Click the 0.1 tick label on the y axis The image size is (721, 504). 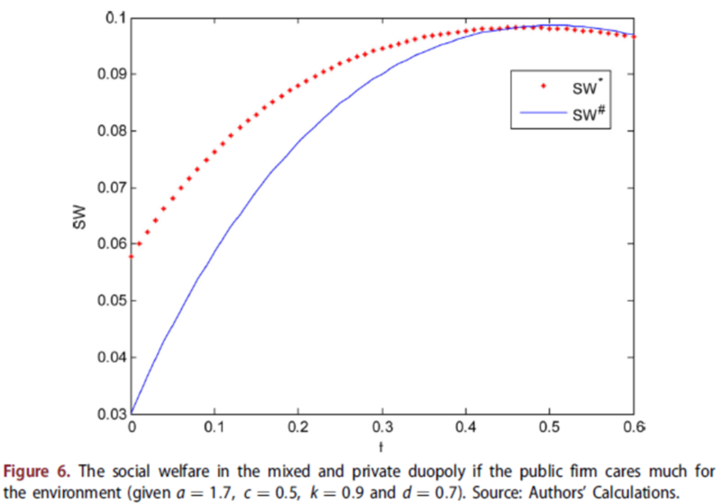coord(113,18)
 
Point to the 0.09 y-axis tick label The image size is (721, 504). coord(108,74)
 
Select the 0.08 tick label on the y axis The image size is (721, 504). coord(108,131)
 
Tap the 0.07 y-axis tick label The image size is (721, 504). coord(108,188)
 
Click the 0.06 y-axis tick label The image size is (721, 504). coord(108,244)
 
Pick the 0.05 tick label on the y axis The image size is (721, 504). coord(108,301)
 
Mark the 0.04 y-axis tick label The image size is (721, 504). coord(108,358)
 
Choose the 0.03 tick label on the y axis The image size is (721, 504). coord(108,415)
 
